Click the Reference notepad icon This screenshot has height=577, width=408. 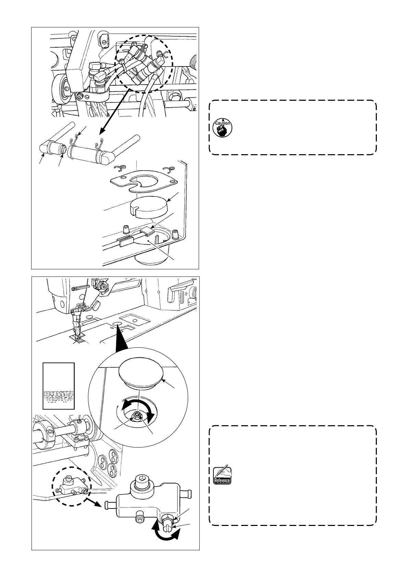click(x=222, y=475)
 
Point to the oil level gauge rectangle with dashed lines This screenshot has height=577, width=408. click(x=59, y=386)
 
